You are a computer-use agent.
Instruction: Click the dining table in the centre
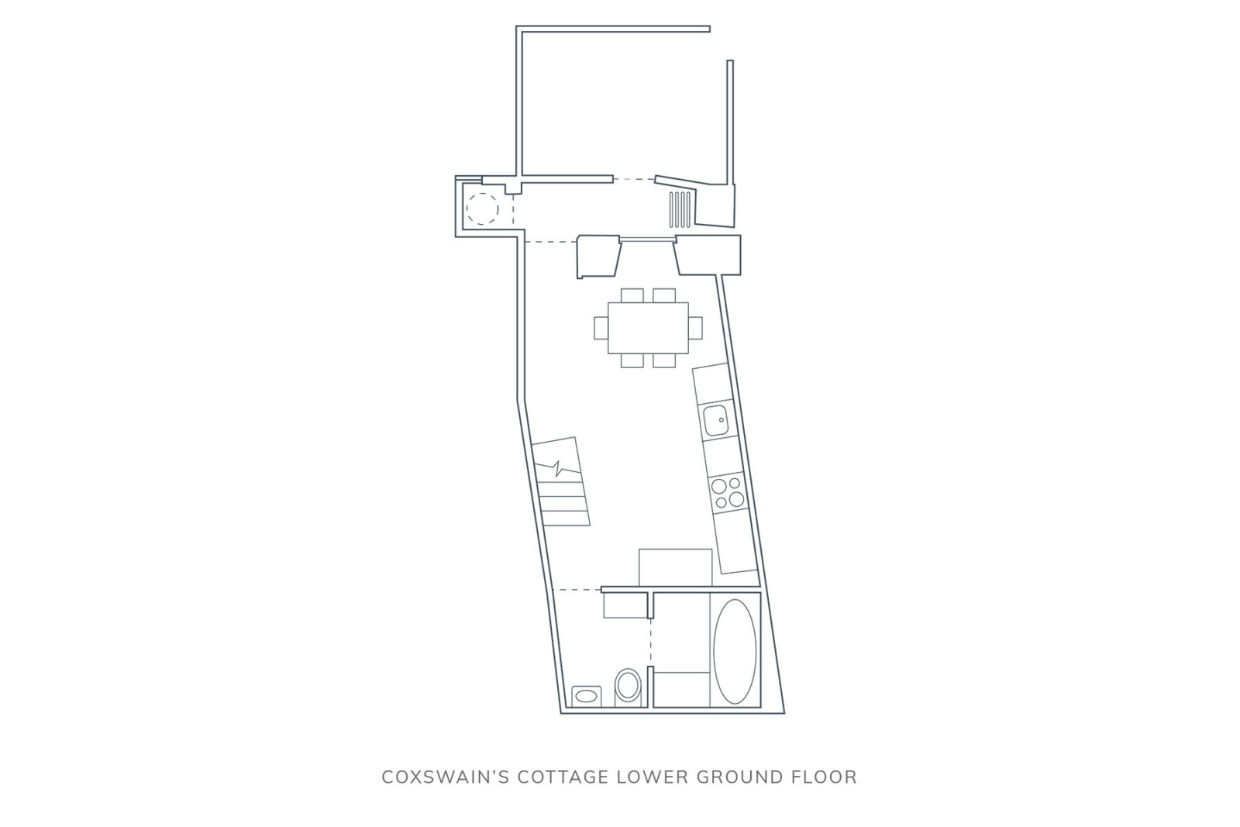(x=648, y=328)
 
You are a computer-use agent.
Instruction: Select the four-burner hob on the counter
(x=728, y=493)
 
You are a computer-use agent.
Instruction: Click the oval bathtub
(x=735, y=652)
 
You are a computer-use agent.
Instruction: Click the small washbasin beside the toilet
(x=586, y=695)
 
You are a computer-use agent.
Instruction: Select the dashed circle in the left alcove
(x=482, y=208)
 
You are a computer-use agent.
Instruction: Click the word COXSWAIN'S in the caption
(x=445, y=777)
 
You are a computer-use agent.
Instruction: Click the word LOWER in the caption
(x=652, y=777)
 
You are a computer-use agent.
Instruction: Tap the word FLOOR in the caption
(x=822, y=777)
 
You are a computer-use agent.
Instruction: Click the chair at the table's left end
(x=601, y=328)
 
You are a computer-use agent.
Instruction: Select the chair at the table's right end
(x=695, y=328)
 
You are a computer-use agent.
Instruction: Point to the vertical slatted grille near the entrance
(x=680, y=209)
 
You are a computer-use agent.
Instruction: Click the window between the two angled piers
(x=647, y=239)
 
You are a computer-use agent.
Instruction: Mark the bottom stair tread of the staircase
(x=562, y=519)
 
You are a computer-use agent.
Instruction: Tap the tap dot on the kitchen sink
(x=722, y=420)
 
